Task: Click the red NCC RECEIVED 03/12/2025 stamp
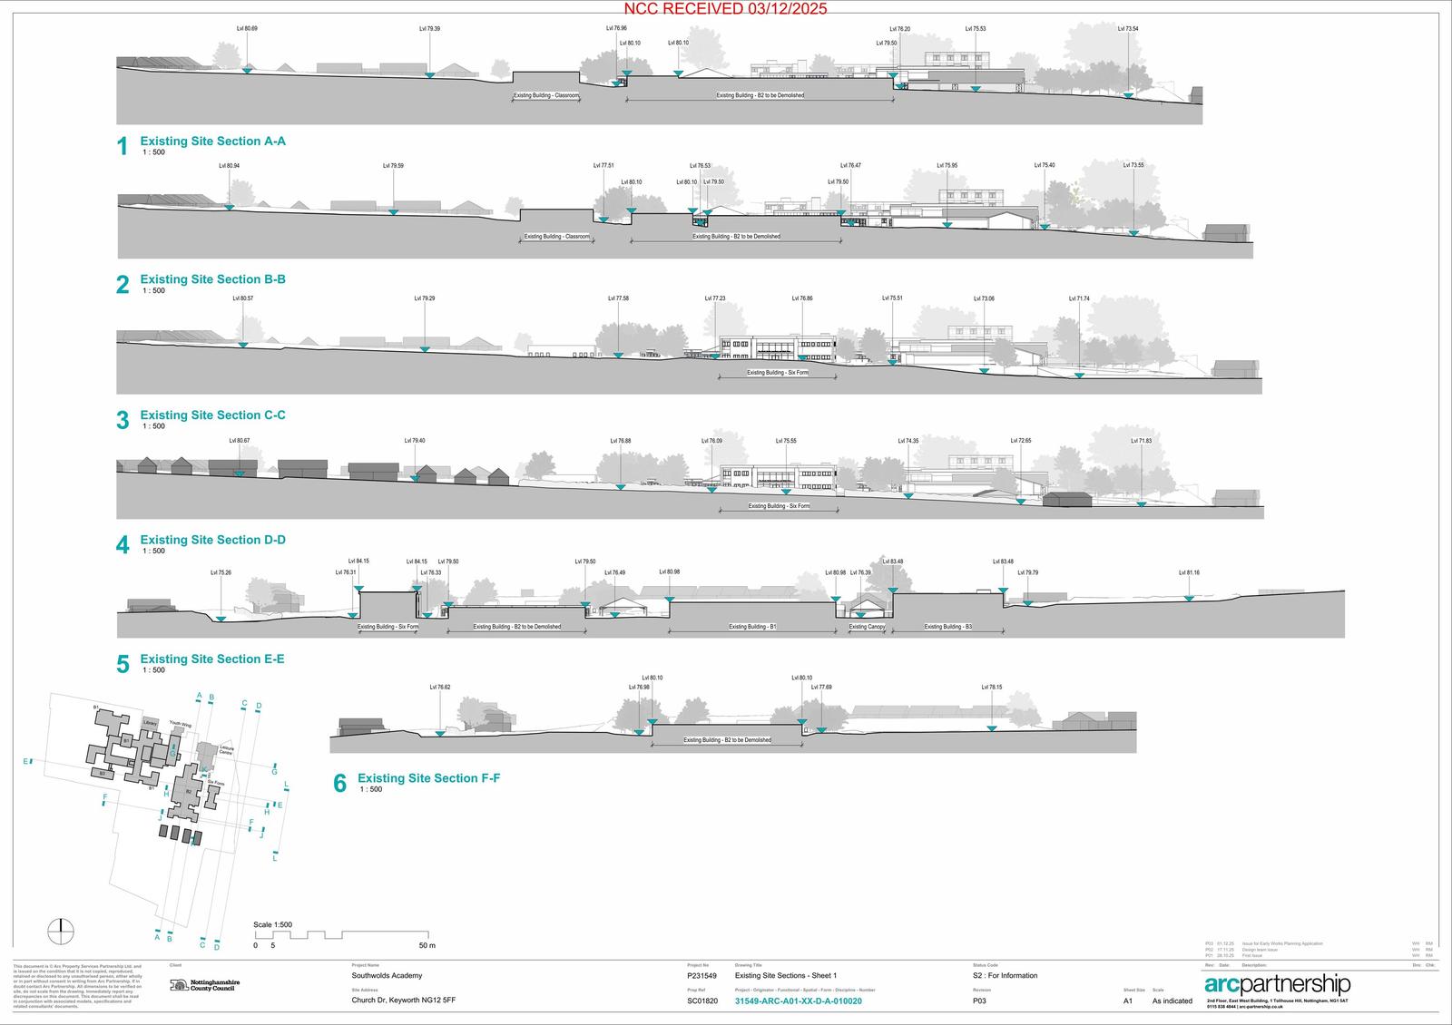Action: tap(725, 9)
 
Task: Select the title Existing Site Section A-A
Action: tap(212, 142)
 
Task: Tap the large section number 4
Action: tap(123, 544)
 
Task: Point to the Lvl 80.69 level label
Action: tap(247, 29)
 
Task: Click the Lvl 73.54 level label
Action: tap(1128, 29)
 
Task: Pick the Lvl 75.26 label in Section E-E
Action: tap(221, 573)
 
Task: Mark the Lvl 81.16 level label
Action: tap(1189, 573)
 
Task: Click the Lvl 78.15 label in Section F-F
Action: tap(991, 688)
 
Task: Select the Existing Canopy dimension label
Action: tap(867, 627)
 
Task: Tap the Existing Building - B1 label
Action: tap(752, 627)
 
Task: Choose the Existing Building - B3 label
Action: tap(947, 627)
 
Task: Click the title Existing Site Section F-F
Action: tap(428, 778)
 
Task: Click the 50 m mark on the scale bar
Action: tap(427, 946)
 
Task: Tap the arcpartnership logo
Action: tap(1277, 985)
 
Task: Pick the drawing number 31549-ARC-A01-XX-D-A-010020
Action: tap(798, 1001)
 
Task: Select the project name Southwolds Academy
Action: tap(387, 976)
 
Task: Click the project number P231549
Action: tap(701, 976)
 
